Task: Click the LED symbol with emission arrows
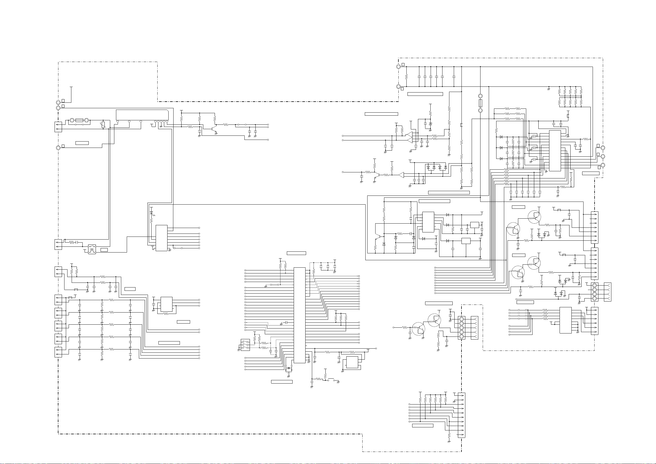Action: click(x=152, y=213)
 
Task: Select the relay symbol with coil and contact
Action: click(x=92, y=249)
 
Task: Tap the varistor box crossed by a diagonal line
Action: click(x=104, y=124)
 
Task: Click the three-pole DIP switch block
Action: click(x=245, y=344)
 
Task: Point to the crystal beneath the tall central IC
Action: click(x=289, y=368)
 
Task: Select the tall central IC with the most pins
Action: click(x=299, y=315)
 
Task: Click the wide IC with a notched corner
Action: click(x=142, y=115)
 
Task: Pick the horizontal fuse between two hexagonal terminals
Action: click(x=79, y=121)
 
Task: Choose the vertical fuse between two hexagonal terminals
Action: click(x=480, y=103)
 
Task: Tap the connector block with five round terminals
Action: click(x=461, y=327)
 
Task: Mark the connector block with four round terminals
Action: click(x=595, y=292)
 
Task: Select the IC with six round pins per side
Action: click(x=428, y=222)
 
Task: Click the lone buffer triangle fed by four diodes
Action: click(x=402, y=175)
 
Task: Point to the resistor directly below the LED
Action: click(x=152, y=221)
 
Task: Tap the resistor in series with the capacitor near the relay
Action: click(x=72, y=242)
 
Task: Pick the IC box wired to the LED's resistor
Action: click(x=161, y=238)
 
